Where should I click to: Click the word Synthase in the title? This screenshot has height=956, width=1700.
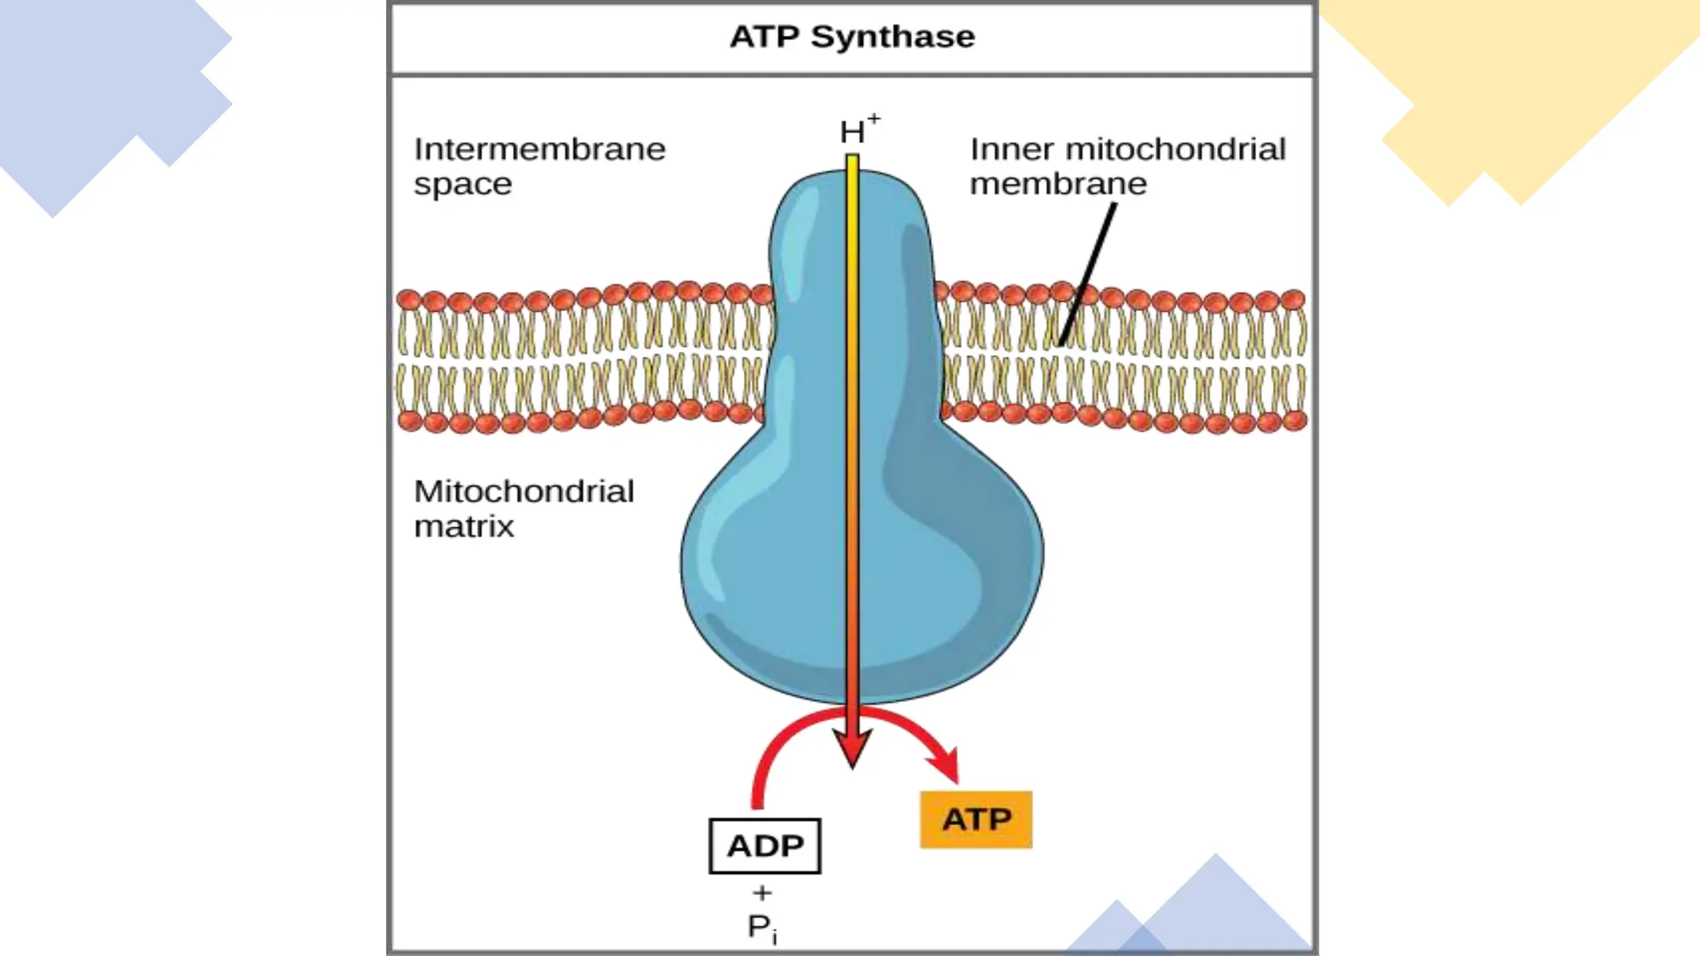pyautogui.click(x=892, y=37)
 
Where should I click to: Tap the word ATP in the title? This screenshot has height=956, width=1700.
pyautogui.click(x=765, y=37)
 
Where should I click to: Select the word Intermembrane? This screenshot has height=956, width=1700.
pyautogui.click(x=540, y=150)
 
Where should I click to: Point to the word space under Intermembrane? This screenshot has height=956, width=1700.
pyautogui.click(x=462, y=184)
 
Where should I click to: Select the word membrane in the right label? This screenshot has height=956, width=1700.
pyautogui.click(x=1058, y=183)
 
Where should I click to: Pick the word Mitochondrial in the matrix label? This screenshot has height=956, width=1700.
pyautogui.click(x=524, y=491)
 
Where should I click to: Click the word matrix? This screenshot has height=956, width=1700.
pyautogui.click(x=464, y=526)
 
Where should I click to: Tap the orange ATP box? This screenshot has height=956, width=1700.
pyautogui.click(x=976, y=820)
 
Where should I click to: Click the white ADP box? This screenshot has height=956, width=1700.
pyautogui.click(x=765, y=846)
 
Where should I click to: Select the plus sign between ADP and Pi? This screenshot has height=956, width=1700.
pyautogui.click(x=762, y=893)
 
